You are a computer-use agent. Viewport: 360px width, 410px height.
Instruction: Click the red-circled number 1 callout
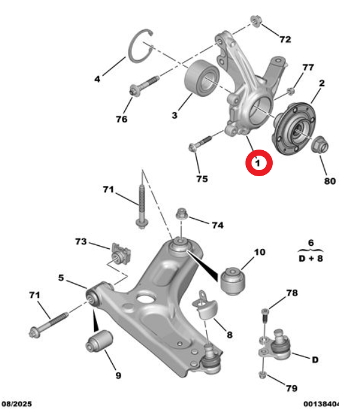257,162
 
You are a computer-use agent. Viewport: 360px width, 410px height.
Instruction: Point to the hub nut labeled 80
319,146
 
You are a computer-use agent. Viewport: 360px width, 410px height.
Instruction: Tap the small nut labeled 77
290,91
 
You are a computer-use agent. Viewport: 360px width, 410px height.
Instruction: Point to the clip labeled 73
120,254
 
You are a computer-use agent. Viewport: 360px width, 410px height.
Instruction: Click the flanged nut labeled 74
181,215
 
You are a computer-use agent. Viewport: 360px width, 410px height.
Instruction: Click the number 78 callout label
292,293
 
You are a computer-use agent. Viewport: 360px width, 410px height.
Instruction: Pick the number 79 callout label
292,388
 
